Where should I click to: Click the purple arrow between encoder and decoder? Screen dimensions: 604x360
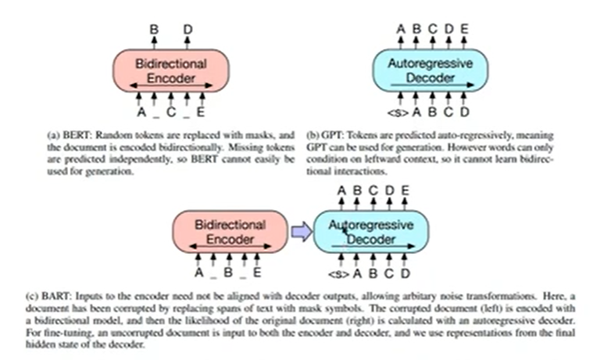pyautogui.click(x=302, y=232)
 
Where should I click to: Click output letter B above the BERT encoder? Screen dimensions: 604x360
pyautogui.click(x=154, y=29)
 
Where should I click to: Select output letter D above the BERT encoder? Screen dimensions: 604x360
pyautogui.click(x=188, y=29)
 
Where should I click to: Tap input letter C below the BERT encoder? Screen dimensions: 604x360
pyautogui.click(x=171, y=112)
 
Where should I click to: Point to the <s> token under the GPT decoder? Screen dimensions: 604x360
pyautogui.click(x=398, y=112)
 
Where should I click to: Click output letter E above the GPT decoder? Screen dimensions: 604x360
pyautogui.click(x=465, y=29)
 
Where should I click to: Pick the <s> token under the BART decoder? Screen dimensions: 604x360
pyautogui.click(x=338, y=274)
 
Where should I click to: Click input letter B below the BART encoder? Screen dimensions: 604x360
pyautogui.click(x=228, y=273)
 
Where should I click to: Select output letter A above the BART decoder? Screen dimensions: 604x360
pyautogui.click(x=341, y=191)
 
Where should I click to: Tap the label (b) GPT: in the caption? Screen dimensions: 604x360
pyautogui.click(x=325, y=135)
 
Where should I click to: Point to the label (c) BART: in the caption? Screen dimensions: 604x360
pyautogui.click(x=48, y=296)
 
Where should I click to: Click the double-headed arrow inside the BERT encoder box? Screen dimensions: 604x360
pyautogui.click(x=171, y=85)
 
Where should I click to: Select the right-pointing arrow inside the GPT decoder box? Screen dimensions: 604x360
pyautogui.click(x=432, y=85)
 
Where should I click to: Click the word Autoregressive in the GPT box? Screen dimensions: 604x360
pyautogui.click(x=431, y=63)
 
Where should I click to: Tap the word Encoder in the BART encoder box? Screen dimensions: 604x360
pyautogui.click(x=230, y=240)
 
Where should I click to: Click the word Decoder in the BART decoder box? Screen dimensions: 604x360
pyautogui.click(x=371, y=240)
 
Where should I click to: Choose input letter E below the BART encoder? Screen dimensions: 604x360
pyautogui.click(x=257, y=273)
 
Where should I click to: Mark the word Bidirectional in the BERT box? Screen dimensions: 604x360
pyautogui.click(x=171, y=63)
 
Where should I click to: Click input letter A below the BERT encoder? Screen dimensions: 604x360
pyautogui.click(x=141, y=112)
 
